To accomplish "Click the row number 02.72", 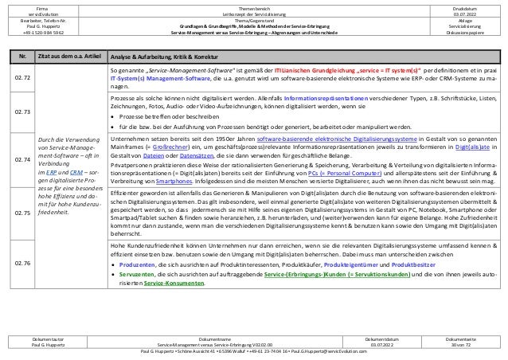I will coord(24,78).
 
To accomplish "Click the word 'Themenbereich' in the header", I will coord(253,6).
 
